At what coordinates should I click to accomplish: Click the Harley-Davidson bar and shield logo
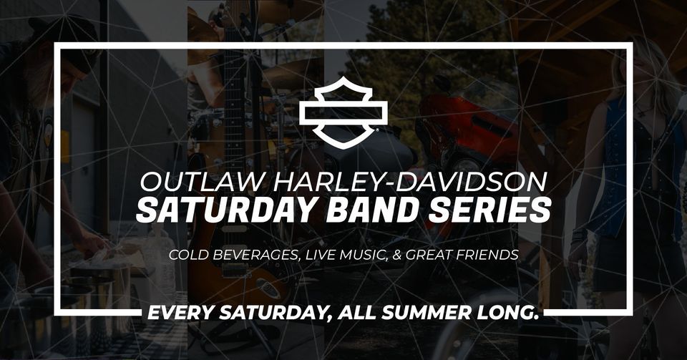point(343,112)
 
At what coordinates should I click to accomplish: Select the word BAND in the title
point(372,210)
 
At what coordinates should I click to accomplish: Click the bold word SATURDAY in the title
point(227,210)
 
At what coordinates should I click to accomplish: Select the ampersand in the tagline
point(397,255)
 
